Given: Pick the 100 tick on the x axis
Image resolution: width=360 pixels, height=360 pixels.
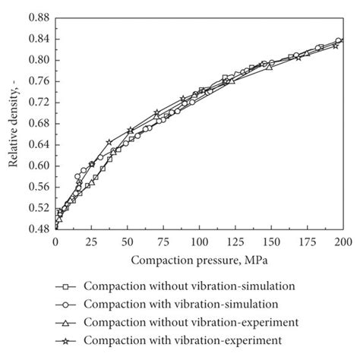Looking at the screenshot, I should [199, 242].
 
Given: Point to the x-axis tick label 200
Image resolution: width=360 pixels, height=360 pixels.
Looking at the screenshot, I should [343, 242].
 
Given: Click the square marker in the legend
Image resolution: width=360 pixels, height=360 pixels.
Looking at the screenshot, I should [66, 287].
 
